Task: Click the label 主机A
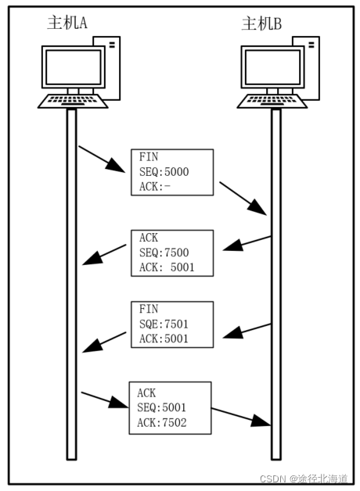pos(67,23)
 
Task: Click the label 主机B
pos(261,23)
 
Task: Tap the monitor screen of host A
pos(74,66)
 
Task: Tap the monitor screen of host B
pos(272,66)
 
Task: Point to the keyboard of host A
pos(73,101)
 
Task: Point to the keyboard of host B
pos(272,101)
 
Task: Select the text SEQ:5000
pos(164,172)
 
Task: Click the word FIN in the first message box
pos(149,157)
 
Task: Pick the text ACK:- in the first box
pos(155,187)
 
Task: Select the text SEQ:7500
pos(164,253)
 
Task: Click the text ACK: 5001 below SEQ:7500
pos(167,267)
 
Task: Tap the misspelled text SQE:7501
pos(164,324)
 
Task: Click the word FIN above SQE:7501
pos(149,309)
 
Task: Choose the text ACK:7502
pos(162,423)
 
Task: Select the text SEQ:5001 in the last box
pos(162,407)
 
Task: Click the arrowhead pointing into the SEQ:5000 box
pos(116,165)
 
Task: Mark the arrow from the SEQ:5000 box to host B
pos(243,199)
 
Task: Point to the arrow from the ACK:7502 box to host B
pos(240,417)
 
